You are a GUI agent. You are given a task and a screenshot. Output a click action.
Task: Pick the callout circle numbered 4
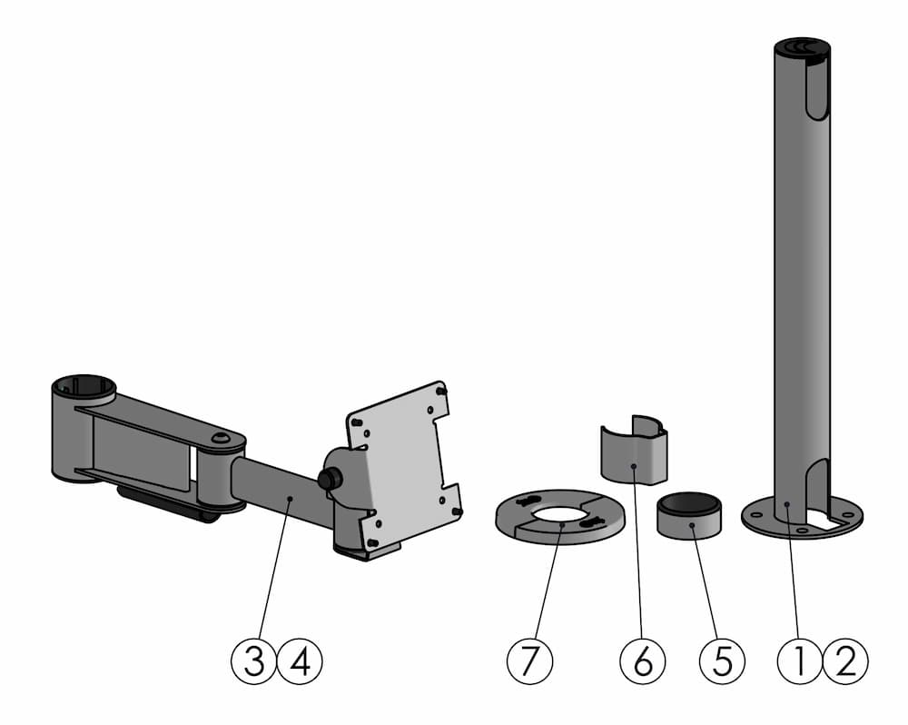(x=301, y=661)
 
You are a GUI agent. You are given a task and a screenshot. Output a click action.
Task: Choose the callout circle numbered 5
(x=722, y=661)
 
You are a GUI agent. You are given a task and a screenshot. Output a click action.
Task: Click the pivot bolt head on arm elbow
(x=219, y=439)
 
